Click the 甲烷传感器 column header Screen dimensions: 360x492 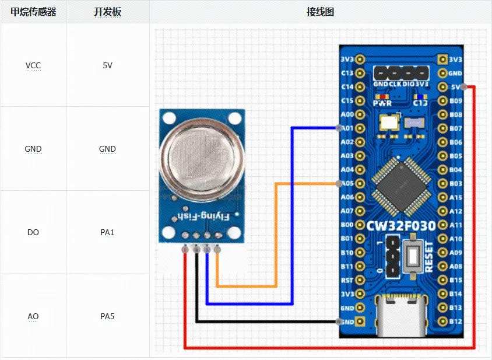click(x=33, y=12)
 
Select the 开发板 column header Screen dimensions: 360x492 click(x=107, y=12)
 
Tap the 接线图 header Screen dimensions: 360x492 click(x=320, y=12)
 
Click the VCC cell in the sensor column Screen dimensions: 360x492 click(x=33, y=65)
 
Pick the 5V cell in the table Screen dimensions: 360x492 click(x=107, y=65)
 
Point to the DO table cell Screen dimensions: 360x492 click(x=33, y=232)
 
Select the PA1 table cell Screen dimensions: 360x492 click(x=107, y=232)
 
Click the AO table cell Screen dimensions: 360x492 click(x=33, y=316)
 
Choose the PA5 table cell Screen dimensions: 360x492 click(x=107, y=316)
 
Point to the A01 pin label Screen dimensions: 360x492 click(x=347, y=128)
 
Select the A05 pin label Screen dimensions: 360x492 click(x=347, y=183)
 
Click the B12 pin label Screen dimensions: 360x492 click(x=455, y=321)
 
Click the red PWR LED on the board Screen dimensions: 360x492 click(x=382, y=97)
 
